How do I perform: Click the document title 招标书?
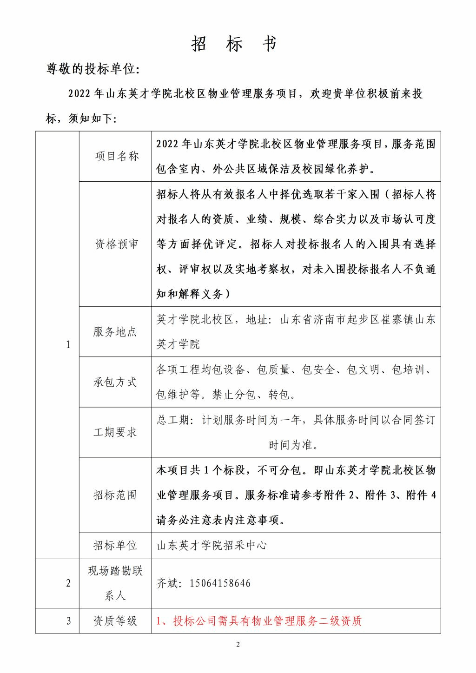(x=234, y=44)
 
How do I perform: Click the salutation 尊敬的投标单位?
(x=93, y=69)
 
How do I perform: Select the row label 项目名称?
(x=117, y=156)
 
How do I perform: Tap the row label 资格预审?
(x=117, y=244)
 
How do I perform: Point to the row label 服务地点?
(x=115, y=332)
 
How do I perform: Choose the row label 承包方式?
(x=115, y=382)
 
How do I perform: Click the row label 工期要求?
(x=115, y=432)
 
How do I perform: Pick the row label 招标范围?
(x=115, y=495)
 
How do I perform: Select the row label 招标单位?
(x=115, y=545)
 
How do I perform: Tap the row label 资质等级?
(x=115, y=620)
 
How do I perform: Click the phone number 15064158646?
(x=220, y=583)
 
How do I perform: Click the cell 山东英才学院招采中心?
(x=212, y=545)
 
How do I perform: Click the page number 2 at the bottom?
(x=238, y=644)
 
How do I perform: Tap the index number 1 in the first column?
(x=68, y=344)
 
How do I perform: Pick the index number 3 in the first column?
(x=68, y=620)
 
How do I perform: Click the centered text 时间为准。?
(x=293, y=445)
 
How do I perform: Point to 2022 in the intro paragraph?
(x=79, y=94)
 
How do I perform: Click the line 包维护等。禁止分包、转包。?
(x=226, y=395)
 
